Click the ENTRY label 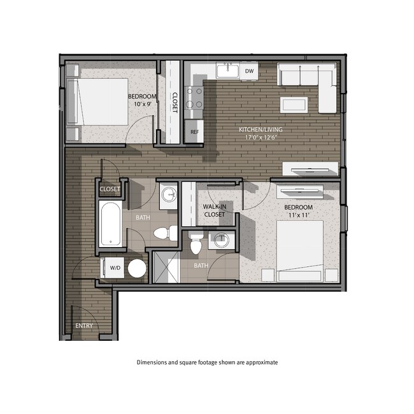point(83,325)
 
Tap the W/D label point(115,268)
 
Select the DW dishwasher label point(250,71)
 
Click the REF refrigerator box point(194,132)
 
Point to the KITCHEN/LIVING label point(261,129)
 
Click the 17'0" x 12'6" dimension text point(261,138)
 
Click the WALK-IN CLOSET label point(214,211)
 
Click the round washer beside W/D point(137,268)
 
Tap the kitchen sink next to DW point(227,71)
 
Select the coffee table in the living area point(298,105)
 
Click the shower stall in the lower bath point(166,266)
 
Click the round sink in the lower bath point(220,241)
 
